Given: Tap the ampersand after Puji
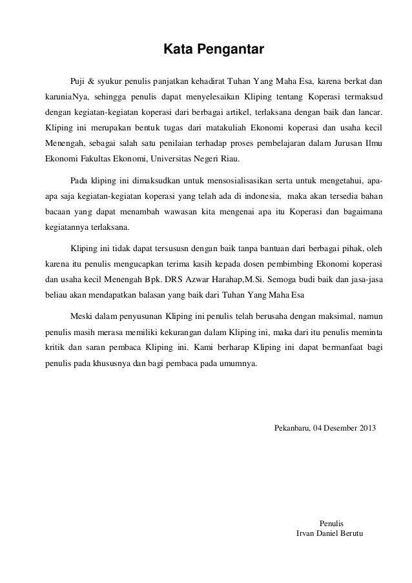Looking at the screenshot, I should [x=91, y=82].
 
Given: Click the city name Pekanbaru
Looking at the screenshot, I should [x=292, y=429].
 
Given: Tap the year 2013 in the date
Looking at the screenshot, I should [x=366, y=429].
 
